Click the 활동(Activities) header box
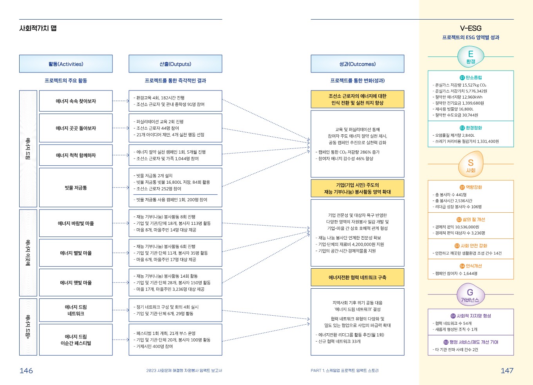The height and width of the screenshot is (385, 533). pyautogui.click(x=66, y=64)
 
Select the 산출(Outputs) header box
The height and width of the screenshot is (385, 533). pyautogui.click(x=175, y=64)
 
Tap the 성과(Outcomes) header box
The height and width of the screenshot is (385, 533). pyautogui.click(x=357, y=64)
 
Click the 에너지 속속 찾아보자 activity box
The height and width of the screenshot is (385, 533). pyautogui.click(x=76, y=101)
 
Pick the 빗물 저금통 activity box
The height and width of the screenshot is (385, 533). pyautogui.click(x=76, y=188)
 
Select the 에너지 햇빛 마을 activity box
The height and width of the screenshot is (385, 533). pyautogui.click(x=76, y=282)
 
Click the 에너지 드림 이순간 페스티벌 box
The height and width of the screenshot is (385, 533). pyautogui.click(x=76, y=340)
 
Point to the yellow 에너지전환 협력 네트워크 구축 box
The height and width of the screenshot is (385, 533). pyautogui.click(x=357, y=277)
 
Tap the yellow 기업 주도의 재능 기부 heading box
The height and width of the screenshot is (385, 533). pyautogui.click(x=357, y=188)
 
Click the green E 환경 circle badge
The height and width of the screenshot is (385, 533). pyautogui.click(x=471, y=57)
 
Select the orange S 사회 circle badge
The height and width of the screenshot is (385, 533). pyautogui.click(x=471, y=164)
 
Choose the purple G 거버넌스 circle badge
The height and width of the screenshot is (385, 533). pyautogui.click(x=470, y=295)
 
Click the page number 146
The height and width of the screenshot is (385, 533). pyautogui.click(x=26, y=371)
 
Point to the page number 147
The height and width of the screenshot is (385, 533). pyautogui.click(x=507, y=371)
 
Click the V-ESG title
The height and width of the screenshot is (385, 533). pyautogui.click(x=471, y=28)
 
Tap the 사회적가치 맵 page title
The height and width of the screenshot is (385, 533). pyautogui.click(x=38, y=28)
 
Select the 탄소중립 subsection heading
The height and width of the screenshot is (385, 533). pyautogui.click(x=471, y=78)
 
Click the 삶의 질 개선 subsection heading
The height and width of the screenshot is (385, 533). pyautogui.click(x=471, y=220)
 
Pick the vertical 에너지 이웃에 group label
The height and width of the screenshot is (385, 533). pyautogui.click(x=28, y=253)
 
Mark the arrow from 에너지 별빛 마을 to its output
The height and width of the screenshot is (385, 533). pyautogui.click(x=121, y=253)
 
